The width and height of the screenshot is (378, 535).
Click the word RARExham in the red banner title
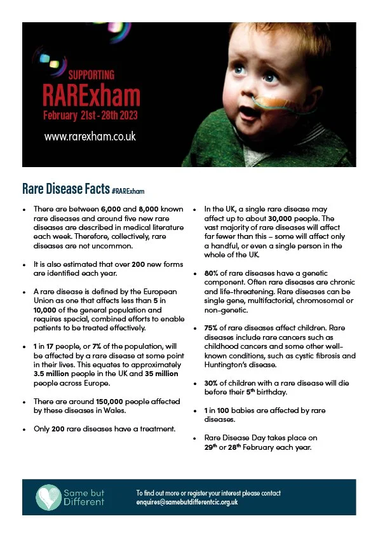point(91,97)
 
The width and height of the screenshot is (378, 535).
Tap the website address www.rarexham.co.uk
point(90,136)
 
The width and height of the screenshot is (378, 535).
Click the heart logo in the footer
point(48,496)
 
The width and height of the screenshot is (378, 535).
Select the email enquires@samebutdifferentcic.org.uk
point(187,502)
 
